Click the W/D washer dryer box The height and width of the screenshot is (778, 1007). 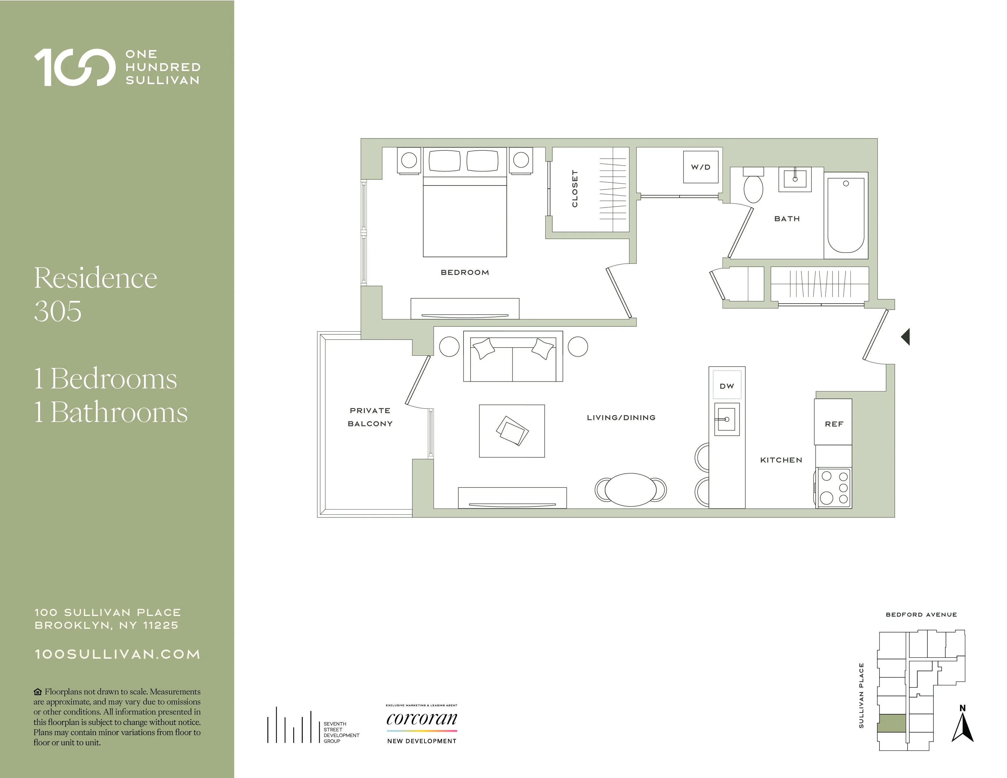(x=700, y=167)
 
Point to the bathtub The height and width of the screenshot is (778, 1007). (x=846, y=215)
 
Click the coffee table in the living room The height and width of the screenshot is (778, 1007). (x=512, y=431)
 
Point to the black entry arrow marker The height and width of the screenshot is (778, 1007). (x=906, y=337)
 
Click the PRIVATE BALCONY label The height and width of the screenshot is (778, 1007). (x=370, y=417)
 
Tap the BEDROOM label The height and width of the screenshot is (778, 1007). (x=465, y=272)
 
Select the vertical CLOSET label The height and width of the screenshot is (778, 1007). (x=575, y=189)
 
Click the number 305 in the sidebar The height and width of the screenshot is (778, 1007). (x=58, y=311)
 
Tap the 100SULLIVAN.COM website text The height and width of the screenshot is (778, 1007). (x=117, y=654)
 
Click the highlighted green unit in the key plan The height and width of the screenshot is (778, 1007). (x=891, y=723)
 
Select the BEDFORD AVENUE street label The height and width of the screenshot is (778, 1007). (x=921, y=614)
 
